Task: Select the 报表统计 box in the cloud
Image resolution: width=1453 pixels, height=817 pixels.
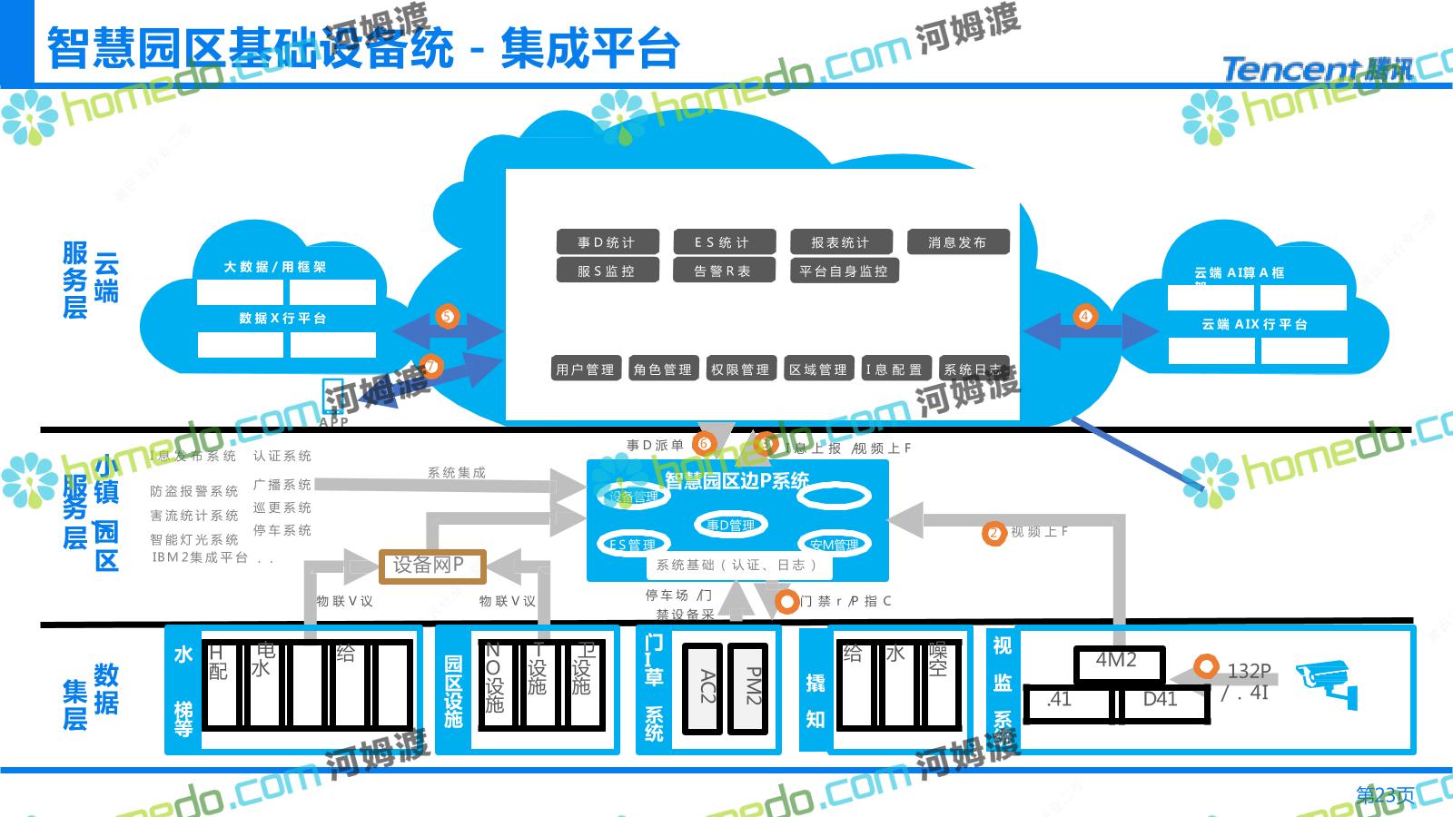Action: [840, 242]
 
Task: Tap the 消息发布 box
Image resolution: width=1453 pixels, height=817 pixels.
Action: [957, 242]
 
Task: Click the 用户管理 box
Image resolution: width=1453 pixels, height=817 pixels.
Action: [586, 369]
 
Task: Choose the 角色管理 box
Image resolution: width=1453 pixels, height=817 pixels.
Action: [663, 369]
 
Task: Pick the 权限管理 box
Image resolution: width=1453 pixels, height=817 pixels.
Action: [740, 369]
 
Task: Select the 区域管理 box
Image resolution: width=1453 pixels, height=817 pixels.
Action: [818, 369]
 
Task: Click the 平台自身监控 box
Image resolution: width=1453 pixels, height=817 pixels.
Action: [844, 271]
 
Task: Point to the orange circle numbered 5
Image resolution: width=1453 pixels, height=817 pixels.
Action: [446, 317]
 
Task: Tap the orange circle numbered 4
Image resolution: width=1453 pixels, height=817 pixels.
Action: [1085, 316]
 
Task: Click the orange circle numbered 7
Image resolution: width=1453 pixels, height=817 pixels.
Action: [430, 367]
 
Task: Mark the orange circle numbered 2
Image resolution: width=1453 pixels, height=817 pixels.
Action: [993, 533]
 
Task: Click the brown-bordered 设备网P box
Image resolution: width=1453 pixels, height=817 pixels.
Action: [432, 566]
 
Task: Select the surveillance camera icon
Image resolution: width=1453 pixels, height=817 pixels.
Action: [1327, 683]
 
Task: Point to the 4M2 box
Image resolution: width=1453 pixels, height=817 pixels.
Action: [1117, 663]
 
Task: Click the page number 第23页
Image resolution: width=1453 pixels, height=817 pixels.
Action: [1385, 795]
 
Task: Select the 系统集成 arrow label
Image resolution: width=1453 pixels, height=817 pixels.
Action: [456, 473]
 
